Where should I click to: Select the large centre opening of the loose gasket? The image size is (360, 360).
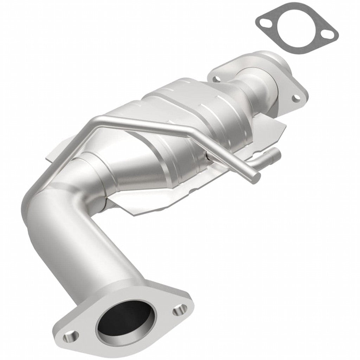pos(295,29)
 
